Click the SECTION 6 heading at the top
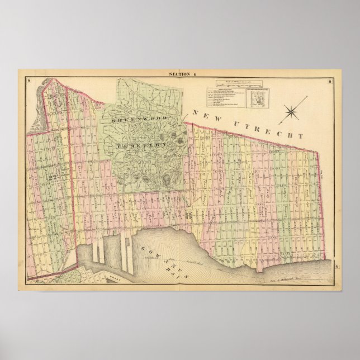click(180, 75)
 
